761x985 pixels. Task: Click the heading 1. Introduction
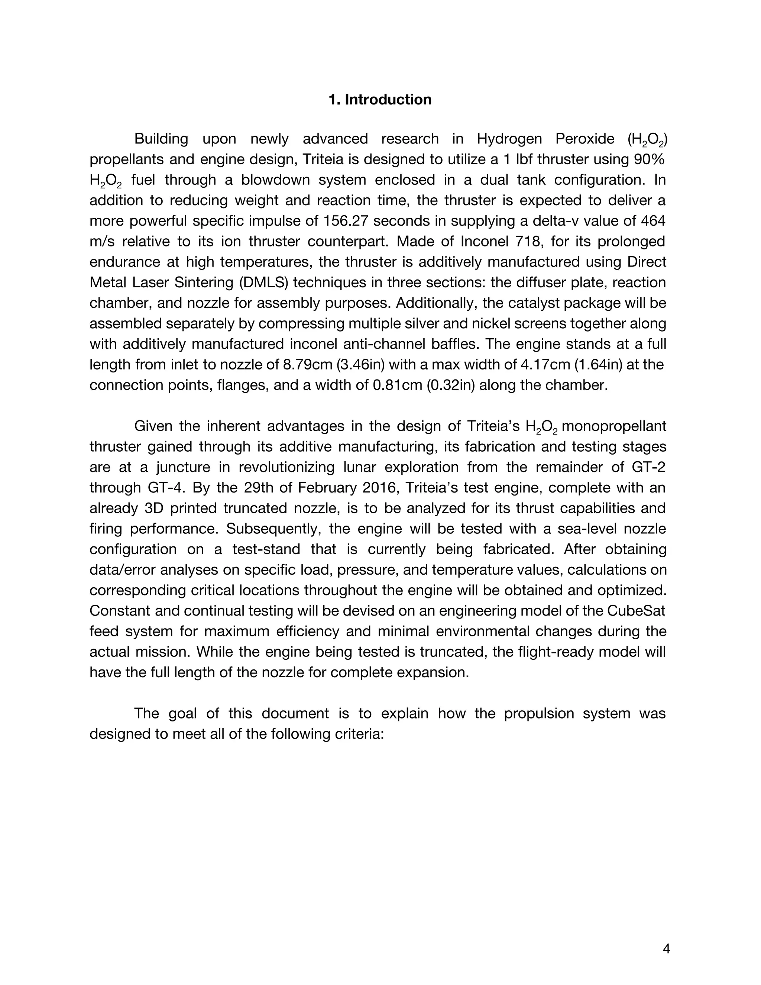380,100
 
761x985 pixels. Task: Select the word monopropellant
613,426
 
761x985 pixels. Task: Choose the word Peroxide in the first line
584,139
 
